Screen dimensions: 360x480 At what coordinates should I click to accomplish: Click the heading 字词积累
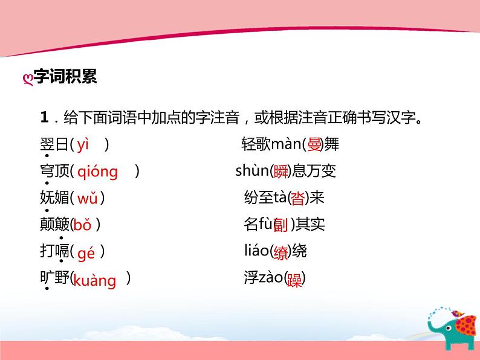(x=65, y=77)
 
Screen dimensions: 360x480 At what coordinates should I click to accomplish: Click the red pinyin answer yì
(x=83, y=144)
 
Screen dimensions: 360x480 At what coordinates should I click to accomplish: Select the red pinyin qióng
(x=98, y=172)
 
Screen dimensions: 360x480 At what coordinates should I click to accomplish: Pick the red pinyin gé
(x=86, y=252)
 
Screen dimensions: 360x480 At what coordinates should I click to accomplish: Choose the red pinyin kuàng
(x=94, y=280)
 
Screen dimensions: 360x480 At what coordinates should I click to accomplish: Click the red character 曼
(x=315, y=144)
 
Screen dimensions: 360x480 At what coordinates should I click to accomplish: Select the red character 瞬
(x=281, y=172)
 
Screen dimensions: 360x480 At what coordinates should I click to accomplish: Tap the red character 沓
(x=299, y=198)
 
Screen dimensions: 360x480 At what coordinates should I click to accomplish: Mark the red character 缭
(x=281, y=252)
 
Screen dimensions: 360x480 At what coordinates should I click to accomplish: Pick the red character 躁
(x=294, y=280)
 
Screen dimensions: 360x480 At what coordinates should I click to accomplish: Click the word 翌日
(x=51, y=144)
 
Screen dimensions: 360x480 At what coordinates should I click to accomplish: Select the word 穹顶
(x=51, y=172)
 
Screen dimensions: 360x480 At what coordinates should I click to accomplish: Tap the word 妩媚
(x=51, y=198)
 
